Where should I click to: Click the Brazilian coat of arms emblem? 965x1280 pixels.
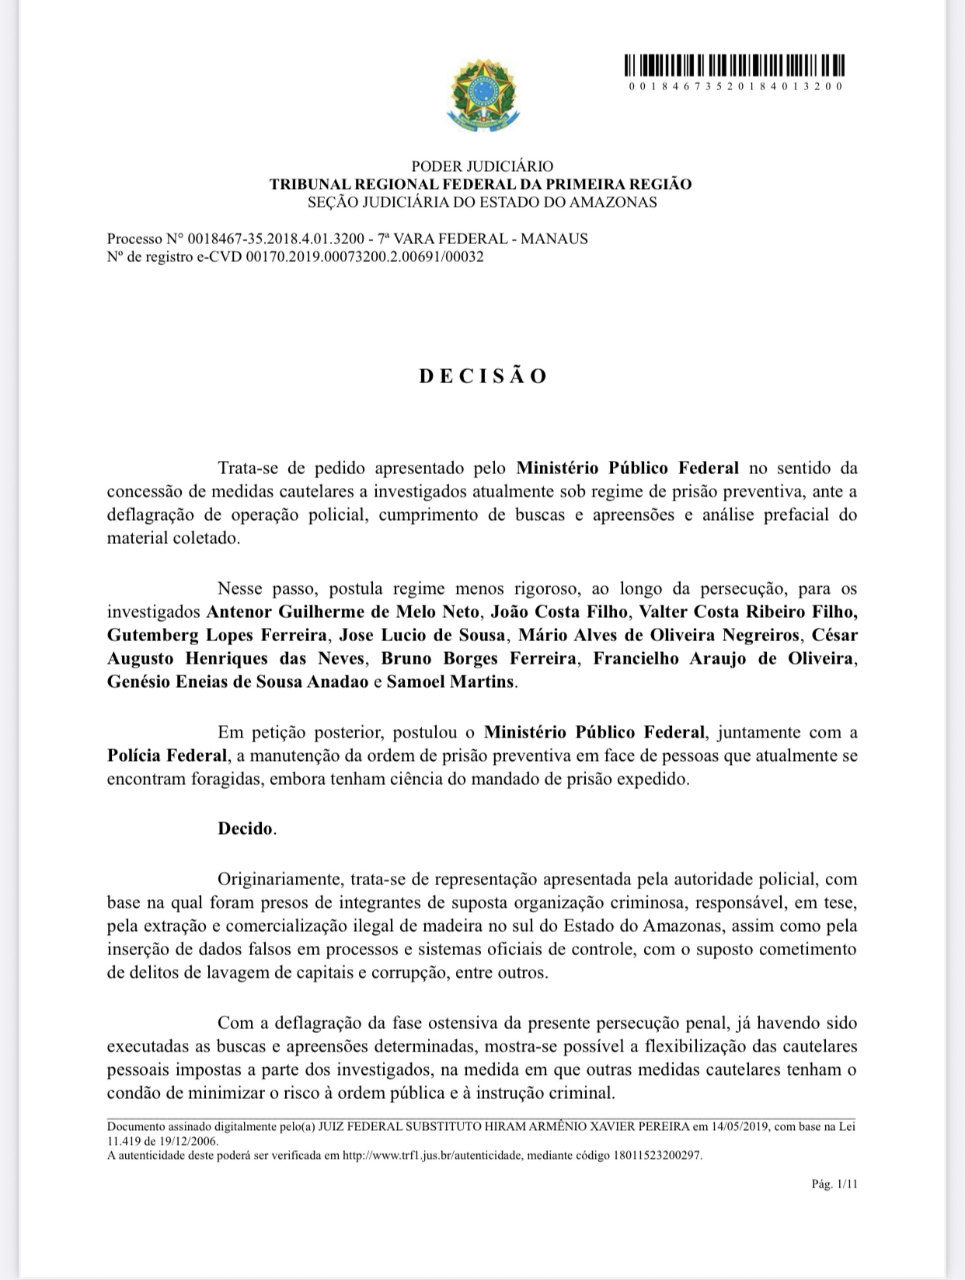click(482, 96)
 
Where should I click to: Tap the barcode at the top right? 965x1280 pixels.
click(735, 65)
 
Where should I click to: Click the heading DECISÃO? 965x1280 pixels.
click(483, 376)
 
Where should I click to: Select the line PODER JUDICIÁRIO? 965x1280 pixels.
click(482, 166)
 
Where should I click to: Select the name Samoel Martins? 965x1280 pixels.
click(451, 682)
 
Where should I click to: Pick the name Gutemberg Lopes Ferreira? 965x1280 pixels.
click(217, 635)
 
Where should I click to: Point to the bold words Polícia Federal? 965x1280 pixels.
click(167, 755)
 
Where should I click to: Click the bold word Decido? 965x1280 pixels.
click(246, 828)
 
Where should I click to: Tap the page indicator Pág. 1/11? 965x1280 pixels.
click(834, 1184)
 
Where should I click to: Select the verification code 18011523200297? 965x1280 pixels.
click(657, 1155)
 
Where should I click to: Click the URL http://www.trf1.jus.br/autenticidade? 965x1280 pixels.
click(431, 1155)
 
